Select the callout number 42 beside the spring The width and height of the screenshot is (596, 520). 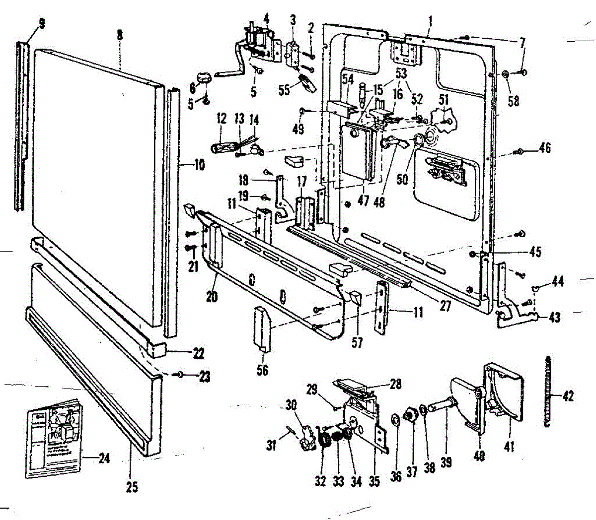pos(568,396)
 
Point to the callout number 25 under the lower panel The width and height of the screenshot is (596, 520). pos(132,487)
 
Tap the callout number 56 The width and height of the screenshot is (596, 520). pos(262,369)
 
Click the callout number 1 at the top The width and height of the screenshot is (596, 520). pos(430,21)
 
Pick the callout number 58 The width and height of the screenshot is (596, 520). pos(513,101)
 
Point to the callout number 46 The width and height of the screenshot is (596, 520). pos(545,147)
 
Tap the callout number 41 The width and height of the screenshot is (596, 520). pos(509,447)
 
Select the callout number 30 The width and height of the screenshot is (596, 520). pos(291,404)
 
